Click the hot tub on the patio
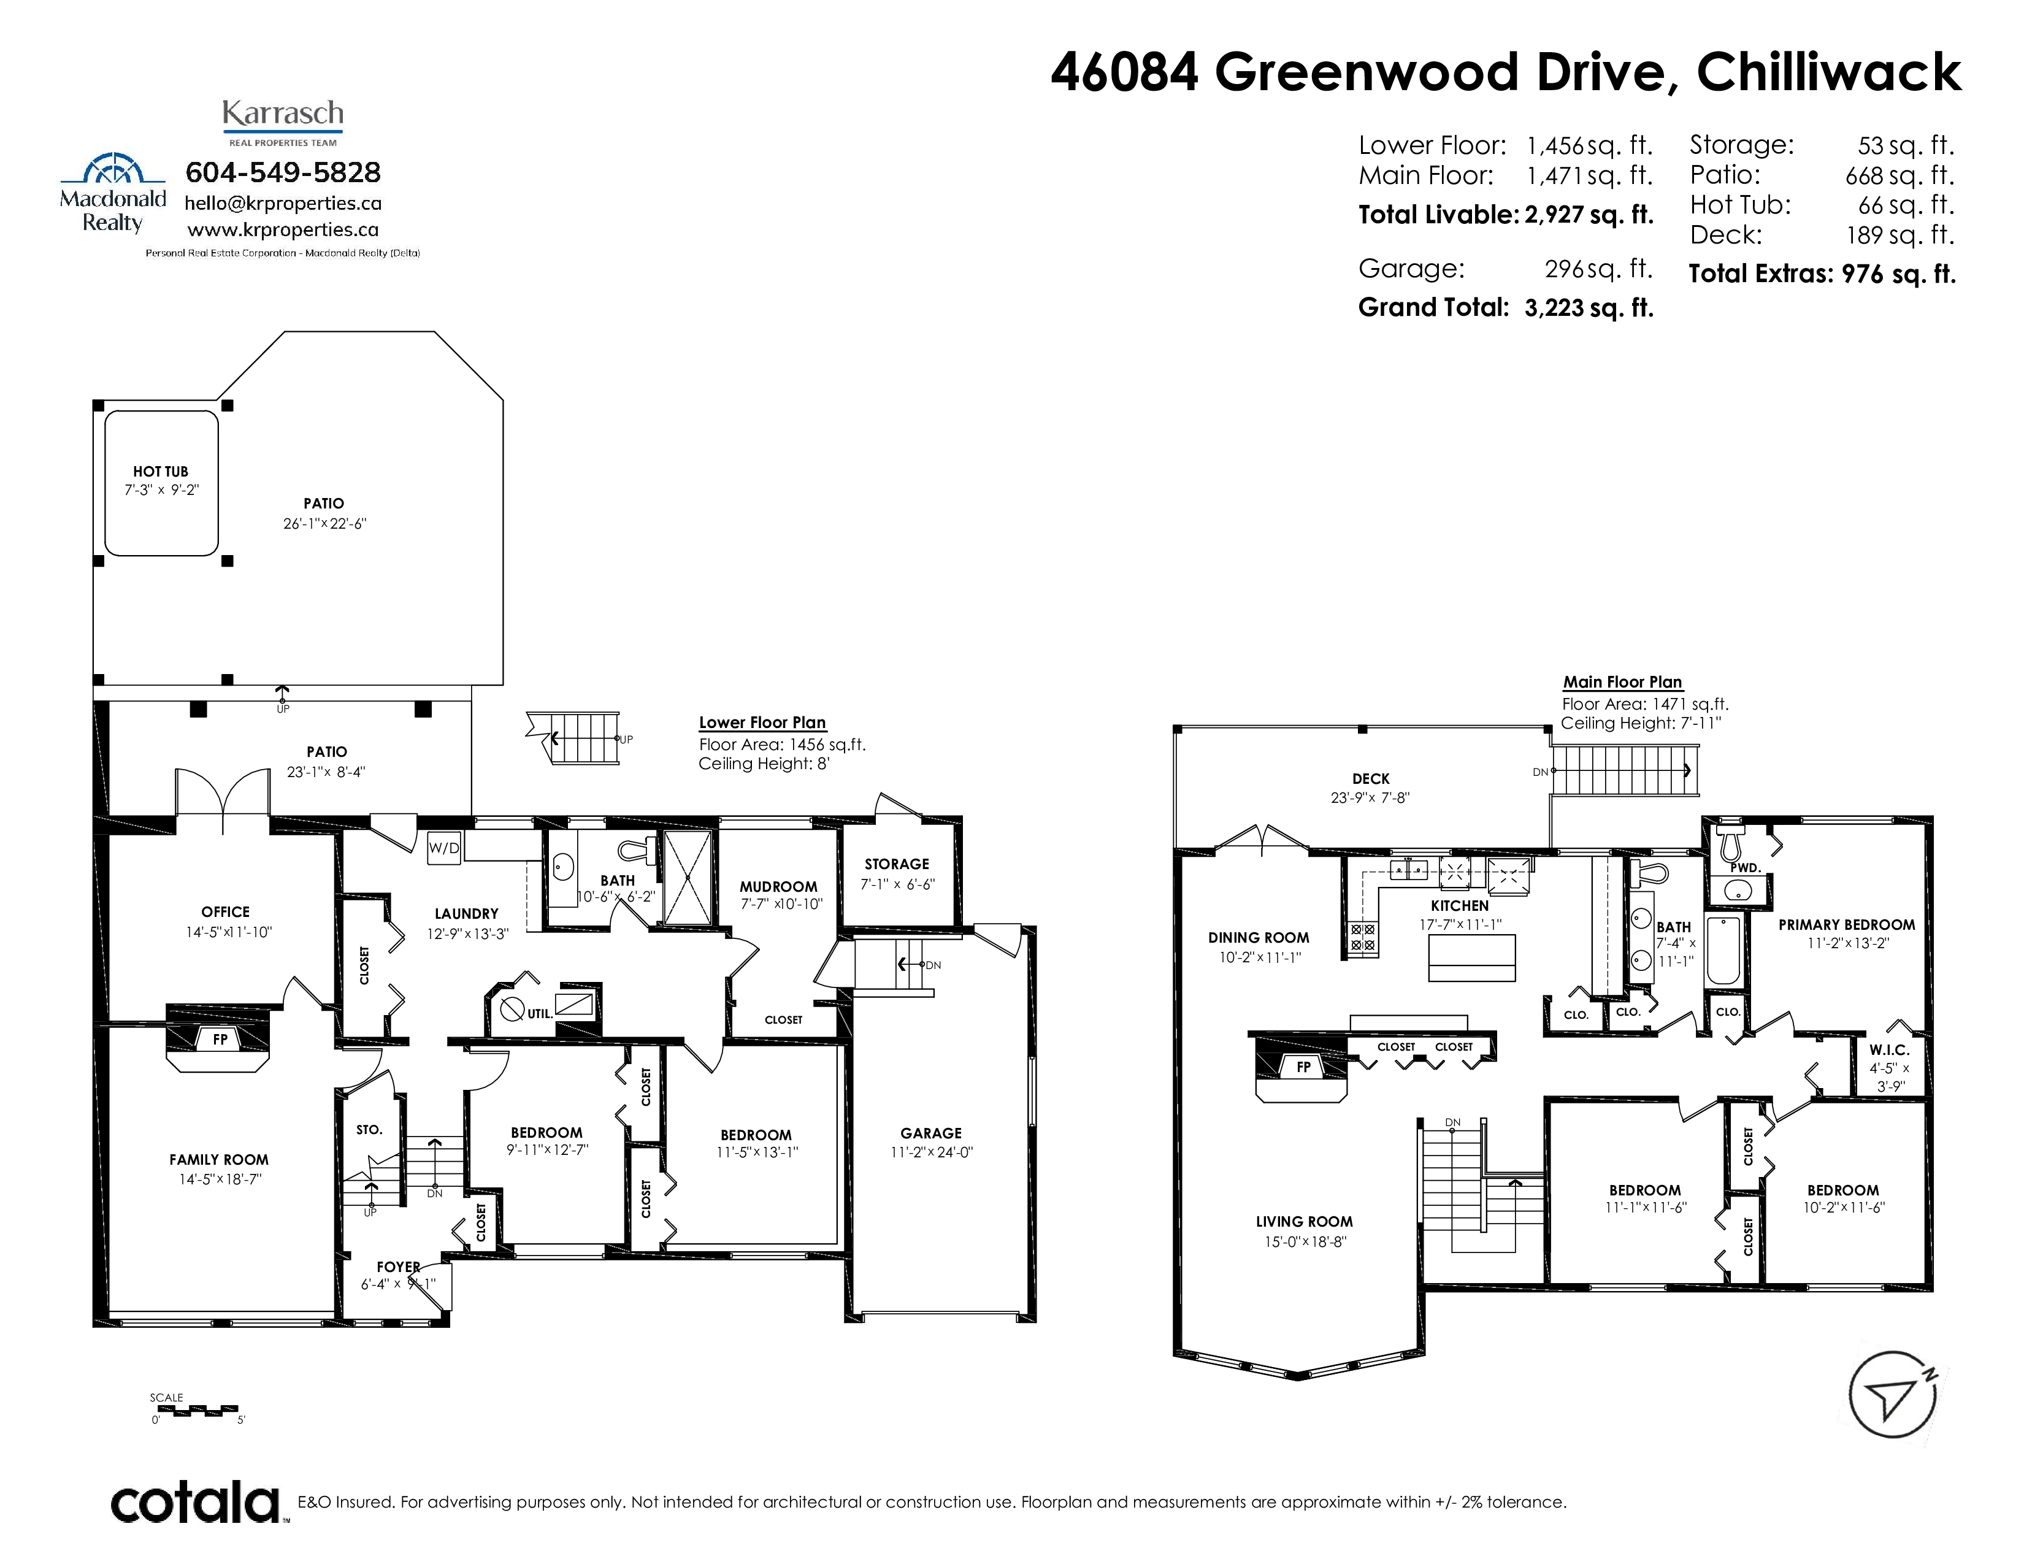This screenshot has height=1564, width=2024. [x=161, y=483]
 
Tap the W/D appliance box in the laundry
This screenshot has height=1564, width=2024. [x=444, y=848]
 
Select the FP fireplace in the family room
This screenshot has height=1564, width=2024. [x=219, y=1040]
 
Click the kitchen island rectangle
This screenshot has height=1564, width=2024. [x=1471, y=958]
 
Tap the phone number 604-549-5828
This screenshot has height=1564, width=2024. [x=283, y=172]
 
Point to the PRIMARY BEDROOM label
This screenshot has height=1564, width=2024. [x=1846, y=925]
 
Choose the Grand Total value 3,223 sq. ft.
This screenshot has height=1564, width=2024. [x=1589, y=308]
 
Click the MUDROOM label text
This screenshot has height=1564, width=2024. [x=778, y=887]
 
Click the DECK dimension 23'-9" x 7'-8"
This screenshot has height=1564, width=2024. [x=1370, y=798]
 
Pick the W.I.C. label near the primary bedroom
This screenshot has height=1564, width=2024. [x=1888, y=1050]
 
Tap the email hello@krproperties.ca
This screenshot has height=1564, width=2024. [x=283, y=203]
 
